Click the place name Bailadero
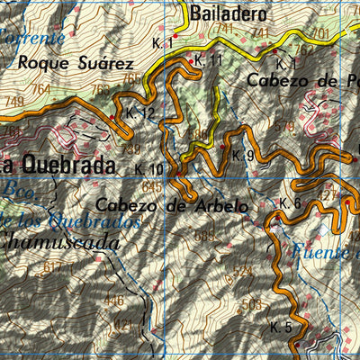pyautogui.click(x=229, y=14)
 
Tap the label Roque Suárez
pyautogui.click(x=76, y=63)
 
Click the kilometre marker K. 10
pyautogui.click(x=149, y=169)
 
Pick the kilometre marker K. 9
pyautogui.click(x=242, y=155)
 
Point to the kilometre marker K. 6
pyautogui.click(x=289, y=203)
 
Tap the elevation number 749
pyautogui.click(x=13, y=102)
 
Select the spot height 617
pyautogui.click(x=55, y=267)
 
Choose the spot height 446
pyautogui.click(x=114, y=300)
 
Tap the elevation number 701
pyautogui.click(x=319, y=33)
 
